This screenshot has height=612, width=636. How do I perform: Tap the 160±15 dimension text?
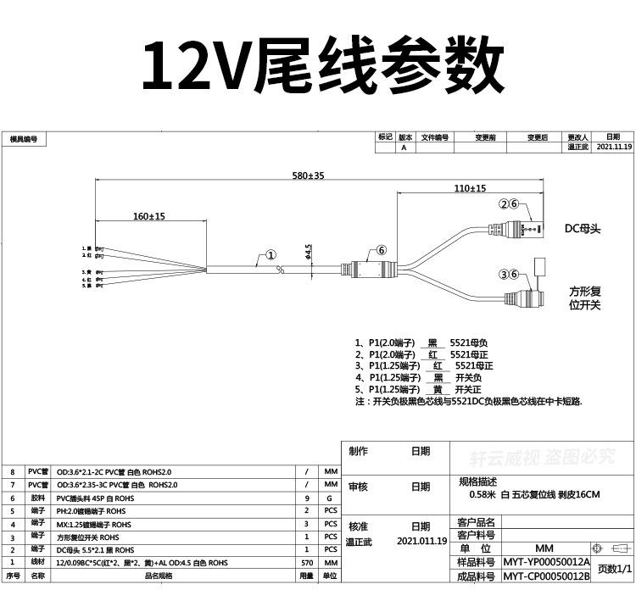tap(148, 217)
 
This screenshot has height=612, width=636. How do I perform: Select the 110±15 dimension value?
tap(469, 188)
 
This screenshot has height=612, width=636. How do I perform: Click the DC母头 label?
tap(583, 228)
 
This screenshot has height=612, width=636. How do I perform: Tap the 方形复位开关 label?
tap(584, 298)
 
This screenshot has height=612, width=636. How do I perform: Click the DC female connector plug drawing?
tap(518, 228)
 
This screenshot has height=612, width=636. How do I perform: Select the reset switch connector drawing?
tap(526, 298)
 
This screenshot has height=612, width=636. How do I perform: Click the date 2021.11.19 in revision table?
tap(615, 147)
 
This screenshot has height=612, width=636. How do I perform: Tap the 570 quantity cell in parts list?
tap(306, 562)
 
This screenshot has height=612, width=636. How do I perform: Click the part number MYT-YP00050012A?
tap(546, 562)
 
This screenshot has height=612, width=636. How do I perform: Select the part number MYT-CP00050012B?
tap(546, 576)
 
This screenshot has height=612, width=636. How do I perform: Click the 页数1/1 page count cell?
tap(613, 569)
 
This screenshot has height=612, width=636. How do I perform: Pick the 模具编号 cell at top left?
tap(24, 139)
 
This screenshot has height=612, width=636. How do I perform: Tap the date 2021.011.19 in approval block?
tap(421, 540)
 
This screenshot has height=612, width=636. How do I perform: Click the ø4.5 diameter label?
tap(309, 252)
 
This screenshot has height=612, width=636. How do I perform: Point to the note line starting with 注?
tap(468, 401)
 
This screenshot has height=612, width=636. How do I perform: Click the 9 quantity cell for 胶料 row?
tap(306, 498)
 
